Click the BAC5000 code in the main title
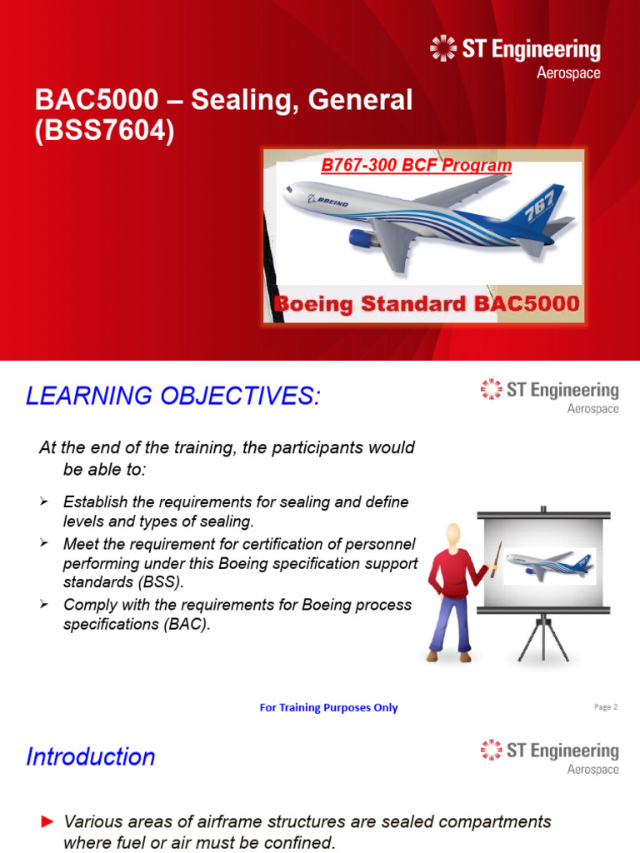pos(96,102)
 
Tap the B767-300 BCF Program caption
pos(416,165)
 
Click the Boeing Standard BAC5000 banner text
pos(425,302)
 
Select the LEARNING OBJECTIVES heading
pos(172,397)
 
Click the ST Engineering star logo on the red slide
pos(442,48)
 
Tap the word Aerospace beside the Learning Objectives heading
pos(592,409)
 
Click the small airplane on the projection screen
pos(549,564)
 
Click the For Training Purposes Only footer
pos(328,707)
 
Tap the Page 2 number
pos(605,706)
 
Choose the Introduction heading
pos(91,756)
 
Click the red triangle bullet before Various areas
pos(47,822)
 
